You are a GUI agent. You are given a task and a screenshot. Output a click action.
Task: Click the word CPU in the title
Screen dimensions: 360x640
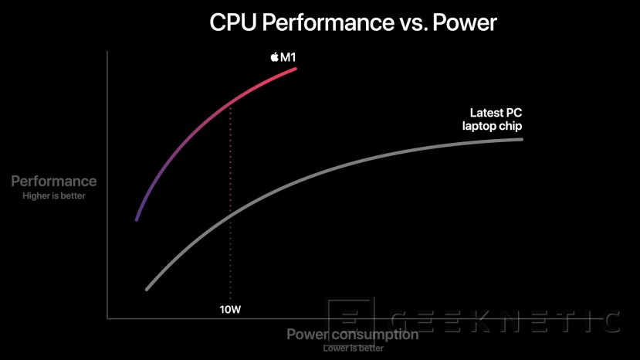[234, 23]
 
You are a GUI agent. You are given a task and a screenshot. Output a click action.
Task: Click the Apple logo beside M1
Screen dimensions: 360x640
[274, 56]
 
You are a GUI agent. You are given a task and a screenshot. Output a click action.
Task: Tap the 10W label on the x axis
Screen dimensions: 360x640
[231, 311]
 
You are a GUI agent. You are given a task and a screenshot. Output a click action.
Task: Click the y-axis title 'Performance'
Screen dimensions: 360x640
[54, 182]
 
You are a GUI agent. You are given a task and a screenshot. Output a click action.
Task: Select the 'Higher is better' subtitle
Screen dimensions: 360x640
[54, 195]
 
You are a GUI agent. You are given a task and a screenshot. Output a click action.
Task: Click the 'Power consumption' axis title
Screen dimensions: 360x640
[353, 335]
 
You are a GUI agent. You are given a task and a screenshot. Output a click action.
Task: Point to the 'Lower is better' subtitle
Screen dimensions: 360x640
[353, 348]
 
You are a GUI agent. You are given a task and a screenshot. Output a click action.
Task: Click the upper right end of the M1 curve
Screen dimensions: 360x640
[296, 69]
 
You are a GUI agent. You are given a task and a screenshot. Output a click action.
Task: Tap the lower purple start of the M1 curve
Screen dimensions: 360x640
[137, 219]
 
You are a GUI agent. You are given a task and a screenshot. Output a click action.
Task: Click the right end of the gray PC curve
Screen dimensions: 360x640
[522, 139]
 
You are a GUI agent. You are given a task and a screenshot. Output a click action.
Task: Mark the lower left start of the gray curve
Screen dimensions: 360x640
[146, 290]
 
